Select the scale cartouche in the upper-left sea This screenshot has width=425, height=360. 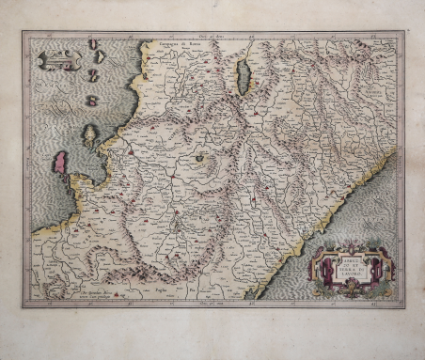click(x=56, y=61)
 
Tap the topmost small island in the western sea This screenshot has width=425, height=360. click(x=92, y=45)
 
